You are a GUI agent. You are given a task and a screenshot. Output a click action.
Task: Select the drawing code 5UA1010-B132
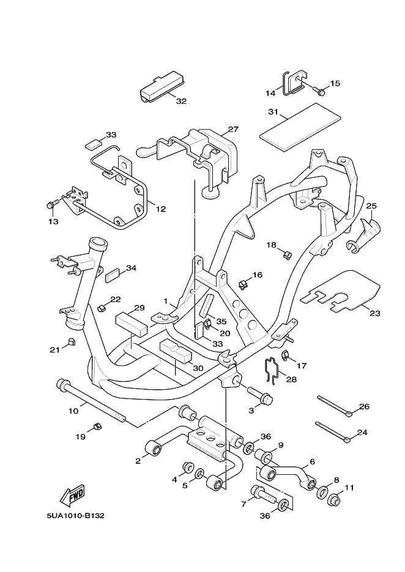click(75, 516)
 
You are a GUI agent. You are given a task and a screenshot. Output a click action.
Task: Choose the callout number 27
click(232, 130)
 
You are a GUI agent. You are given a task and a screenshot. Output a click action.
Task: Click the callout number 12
click(161, 209)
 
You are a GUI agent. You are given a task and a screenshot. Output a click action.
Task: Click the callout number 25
click(371, 206)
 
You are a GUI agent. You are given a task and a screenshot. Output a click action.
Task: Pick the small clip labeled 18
click(287, 254)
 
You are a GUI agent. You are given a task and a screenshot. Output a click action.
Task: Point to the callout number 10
click(73, 411)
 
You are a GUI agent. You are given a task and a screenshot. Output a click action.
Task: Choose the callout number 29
click(139, 307)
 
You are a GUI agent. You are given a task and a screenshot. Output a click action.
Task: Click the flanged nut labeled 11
click(334, 501)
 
